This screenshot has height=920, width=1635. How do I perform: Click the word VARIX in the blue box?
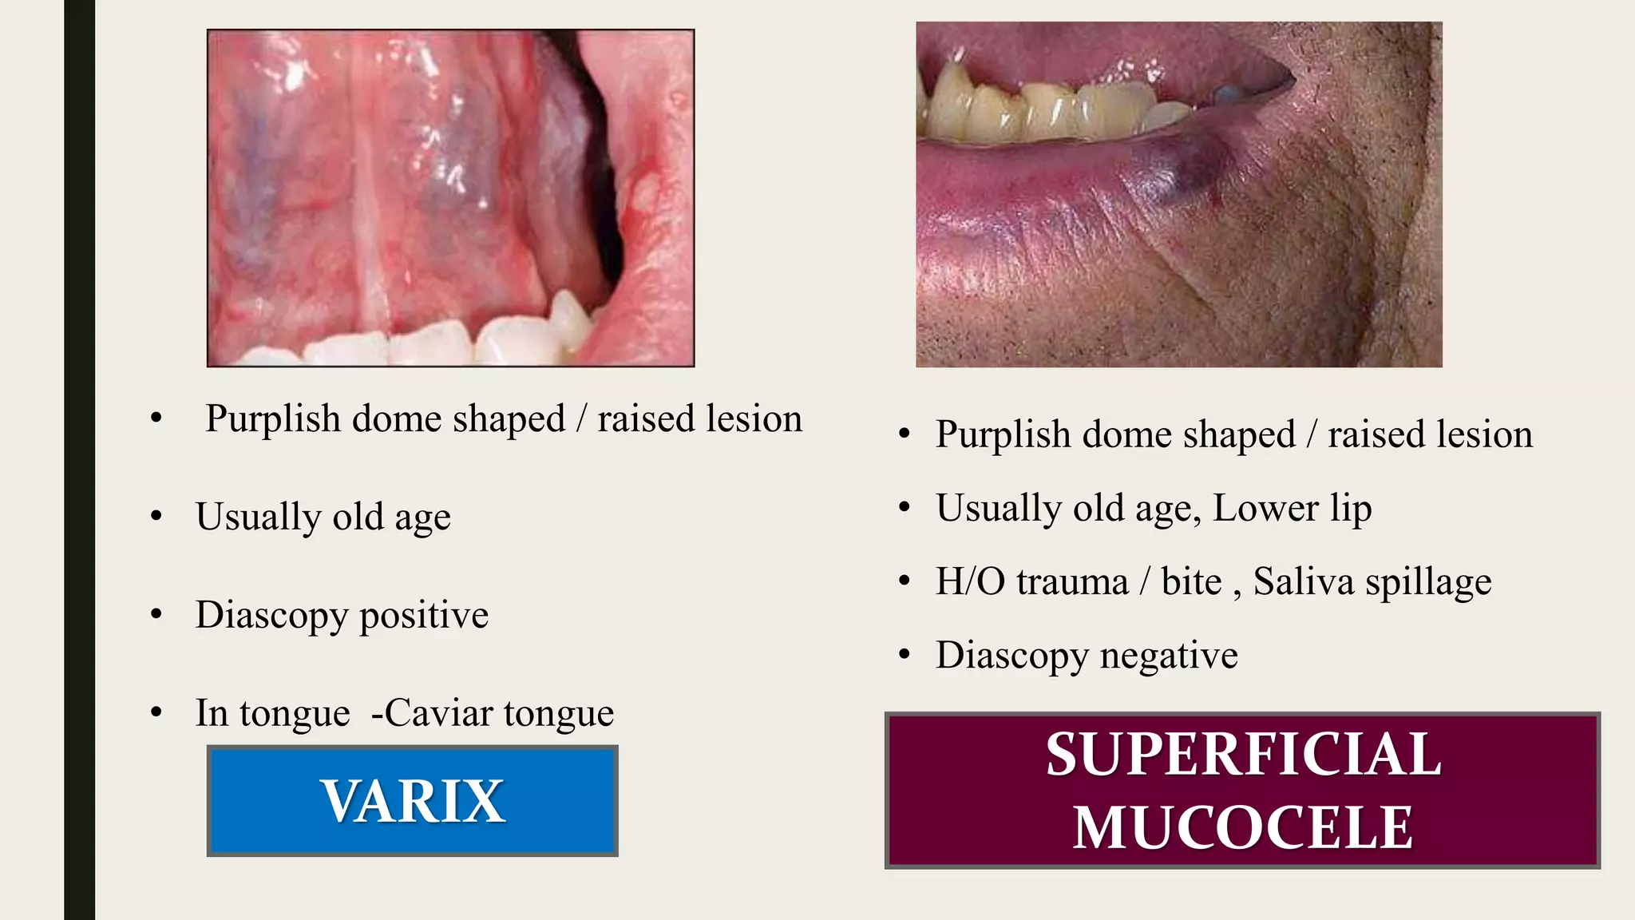[x=413, y=801]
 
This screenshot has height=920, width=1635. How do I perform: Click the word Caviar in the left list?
[x=438, y=713]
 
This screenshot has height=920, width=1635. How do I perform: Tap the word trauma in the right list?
[x=1072, y=581]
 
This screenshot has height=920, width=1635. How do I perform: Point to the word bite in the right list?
[x=1191, y=581]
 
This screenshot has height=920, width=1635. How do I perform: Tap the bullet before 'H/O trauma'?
[x=904, y=581]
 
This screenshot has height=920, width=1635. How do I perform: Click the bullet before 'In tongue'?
[x=156, y=712]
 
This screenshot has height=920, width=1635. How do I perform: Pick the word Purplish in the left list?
[x=273, y=419]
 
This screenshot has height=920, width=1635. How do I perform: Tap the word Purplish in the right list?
[x=1003, y=435]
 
